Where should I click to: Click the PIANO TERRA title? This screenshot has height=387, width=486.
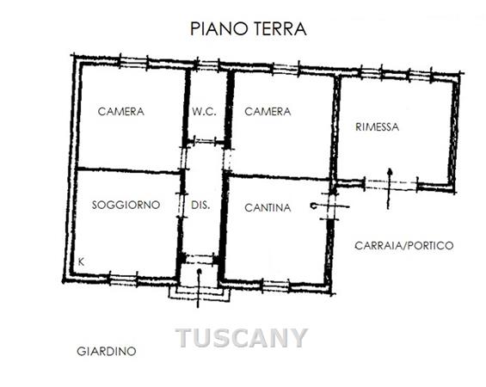coord(249,29)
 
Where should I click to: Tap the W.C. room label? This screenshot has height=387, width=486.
coord(204,112)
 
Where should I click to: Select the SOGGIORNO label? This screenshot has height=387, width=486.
coord(126,205)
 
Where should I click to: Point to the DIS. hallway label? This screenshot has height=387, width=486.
coord(200,206)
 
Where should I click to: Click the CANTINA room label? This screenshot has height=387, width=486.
coord(268,207)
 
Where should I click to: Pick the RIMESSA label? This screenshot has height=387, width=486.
coord(378,127)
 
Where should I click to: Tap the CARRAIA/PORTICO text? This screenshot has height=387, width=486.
coord(404,246)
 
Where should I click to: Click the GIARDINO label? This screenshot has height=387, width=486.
coord(107,352)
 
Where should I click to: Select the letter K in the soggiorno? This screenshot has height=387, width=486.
coord(81,262)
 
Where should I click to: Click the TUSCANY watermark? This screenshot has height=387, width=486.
coord(242,338)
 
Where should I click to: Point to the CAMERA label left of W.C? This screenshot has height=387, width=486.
coord(121,112)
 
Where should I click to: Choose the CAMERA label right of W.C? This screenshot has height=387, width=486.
coord(268,112)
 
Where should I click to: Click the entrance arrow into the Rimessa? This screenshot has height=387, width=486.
coord(390,188)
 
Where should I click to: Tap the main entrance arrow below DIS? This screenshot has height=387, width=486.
coord(199,288)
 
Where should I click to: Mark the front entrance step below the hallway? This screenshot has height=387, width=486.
coord(200,293)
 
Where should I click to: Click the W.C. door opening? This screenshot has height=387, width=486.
coord(204,141)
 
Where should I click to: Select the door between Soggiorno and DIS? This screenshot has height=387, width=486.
coord(181,206)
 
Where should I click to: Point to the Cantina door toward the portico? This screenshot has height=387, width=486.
coord(330,206)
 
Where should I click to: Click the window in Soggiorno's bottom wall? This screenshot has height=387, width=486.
coord(123,279)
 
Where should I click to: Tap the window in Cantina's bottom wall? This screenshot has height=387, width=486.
coord(275,286)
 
